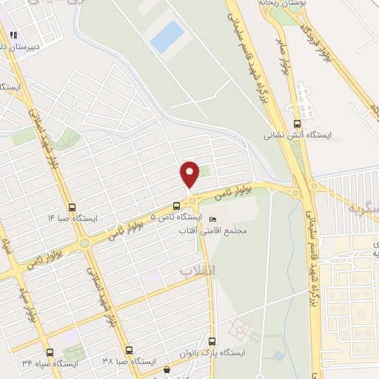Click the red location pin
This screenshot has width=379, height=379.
(x=190, y=174)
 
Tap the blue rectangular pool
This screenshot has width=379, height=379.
(x=167, y=36)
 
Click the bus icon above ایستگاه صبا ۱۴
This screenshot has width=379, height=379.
(x=72, y=207)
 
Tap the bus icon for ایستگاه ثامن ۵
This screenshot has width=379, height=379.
(x=176, y=206)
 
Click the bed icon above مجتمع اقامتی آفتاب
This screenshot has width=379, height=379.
(x=214, y=220)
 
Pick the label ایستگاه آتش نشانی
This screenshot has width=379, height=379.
(x=298, y=135)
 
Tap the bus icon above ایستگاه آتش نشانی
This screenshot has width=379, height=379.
(x=297, y=124)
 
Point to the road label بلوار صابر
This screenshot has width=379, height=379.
(x=283, y=62)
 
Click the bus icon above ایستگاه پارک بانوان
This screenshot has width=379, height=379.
(x=213, y=342)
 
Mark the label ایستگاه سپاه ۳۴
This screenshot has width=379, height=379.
(x=50, y=363)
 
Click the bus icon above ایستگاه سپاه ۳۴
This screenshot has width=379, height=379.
(x=50, y=352)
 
